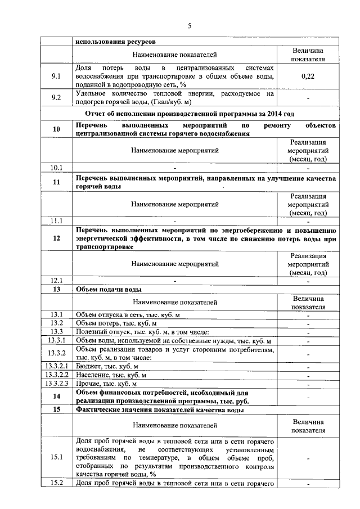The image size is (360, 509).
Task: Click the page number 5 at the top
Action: click(x=189, y=26)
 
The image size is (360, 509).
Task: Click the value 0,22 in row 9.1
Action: click(x=308, y=76)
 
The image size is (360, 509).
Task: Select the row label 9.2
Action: click(x=56, y=97)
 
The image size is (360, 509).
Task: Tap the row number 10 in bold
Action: click(x=56, y=129)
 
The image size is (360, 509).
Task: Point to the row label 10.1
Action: click(x=56, y=168)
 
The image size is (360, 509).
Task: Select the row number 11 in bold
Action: click(x=56, y=182)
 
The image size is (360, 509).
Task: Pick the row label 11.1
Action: click(x=56, y=220)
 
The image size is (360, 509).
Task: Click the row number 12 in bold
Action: click(x=56, y=238)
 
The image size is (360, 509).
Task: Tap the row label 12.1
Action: click(x=56, y=280)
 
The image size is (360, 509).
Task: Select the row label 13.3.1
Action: click(x=56, y=341)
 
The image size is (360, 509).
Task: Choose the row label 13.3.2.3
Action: click(x=56, y=384)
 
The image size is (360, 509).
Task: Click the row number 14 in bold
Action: click(x=56, y=397)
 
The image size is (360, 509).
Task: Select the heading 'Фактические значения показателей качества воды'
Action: click(x=160, y=410)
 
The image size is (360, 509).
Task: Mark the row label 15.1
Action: click(x=56, y=457)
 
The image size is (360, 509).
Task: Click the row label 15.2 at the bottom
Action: click(x=56, y=483)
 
